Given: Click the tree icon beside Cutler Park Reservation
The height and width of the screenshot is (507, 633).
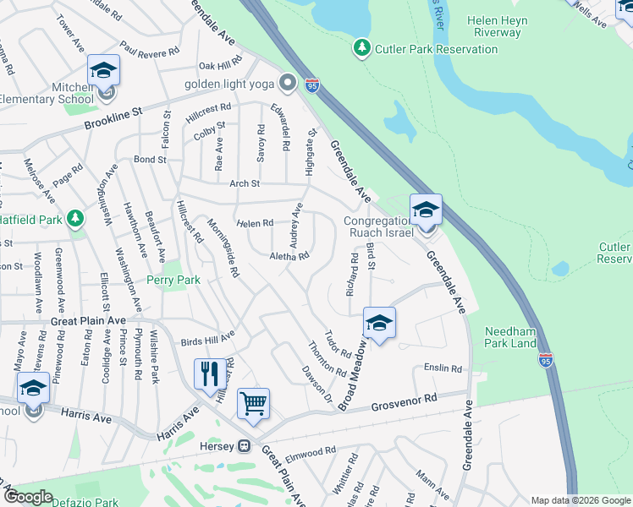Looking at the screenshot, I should point(362,48).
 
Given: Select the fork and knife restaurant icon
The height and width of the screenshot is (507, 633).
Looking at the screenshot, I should point(208,373).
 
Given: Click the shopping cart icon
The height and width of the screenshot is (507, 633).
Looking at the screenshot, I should point(253,403).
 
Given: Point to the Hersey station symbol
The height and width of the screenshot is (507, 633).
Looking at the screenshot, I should point(244,445).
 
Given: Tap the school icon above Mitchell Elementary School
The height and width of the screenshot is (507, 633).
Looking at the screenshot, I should point(103,70).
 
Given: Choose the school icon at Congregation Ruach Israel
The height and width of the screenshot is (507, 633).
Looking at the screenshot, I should point(426,209).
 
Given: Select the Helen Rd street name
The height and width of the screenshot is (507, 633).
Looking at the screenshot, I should point(255,223).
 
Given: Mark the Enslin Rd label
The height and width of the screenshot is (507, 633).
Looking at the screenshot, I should point(443,368).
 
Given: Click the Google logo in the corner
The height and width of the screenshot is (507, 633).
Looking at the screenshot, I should point(29,497).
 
